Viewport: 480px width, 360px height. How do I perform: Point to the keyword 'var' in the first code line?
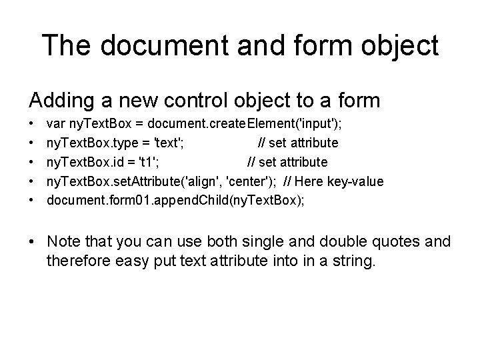(55, 125)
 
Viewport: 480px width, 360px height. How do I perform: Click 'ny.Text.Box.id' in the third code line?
(85, 162)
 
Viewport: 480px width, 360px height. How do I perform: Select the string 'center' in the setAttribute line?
(250, 181)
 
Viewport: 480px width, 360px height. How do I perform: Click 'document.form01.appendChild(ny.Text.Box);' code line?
(175, 200)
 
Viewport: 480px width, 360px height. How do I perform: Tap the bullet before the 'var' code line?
(32, 125)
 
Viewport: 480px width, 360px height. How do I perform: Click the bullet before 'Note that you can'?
(33, 241)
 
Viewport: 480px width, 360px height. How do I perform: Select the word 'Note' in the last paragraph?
(64, 241)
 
